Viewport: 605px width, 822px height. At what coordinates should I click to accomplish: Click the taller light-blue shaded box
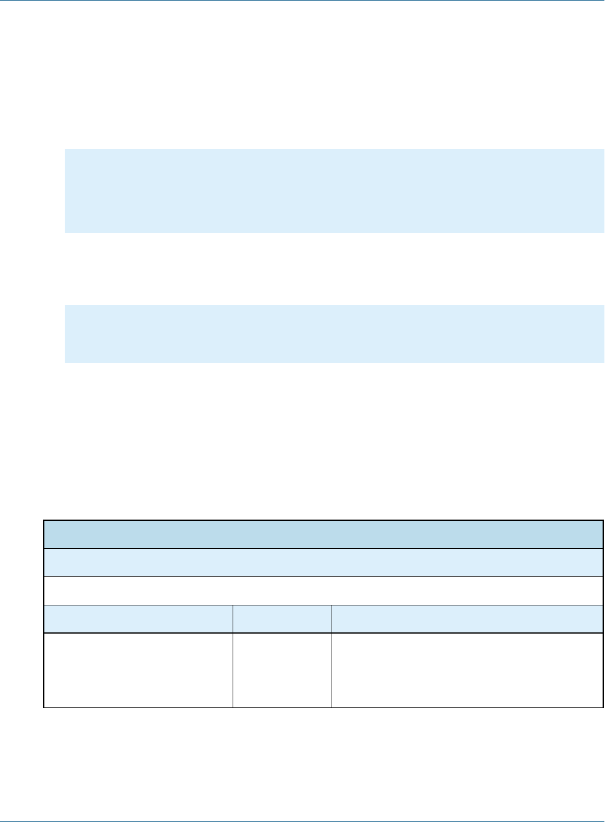(x=334, y=190)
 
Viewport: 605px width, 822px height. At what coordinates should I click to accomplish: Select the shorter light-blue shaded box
(x=334, y=334)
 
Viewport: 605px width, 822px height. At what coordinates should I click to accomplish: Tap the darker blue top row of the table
(x=323, y=534)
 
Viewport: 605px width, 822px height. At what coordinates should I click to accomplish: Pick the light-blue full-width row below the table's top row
(x=323, y=562)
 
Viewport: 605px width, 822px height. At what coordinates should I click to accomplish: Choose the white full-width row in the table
(x=323, y=590)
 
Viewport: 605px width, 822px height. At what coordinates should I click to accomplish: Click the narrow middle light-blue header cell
(x=282, y=619)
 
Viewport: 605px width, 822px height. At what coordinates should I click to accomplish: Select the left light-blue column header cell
(x=138, y=619)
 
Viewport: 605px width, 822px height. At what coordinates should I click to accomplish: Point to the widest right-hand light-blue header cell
(x=467, y=619)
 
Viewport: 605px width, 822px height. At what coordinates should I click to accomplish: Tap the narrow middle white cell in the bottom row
(x=282, y=670)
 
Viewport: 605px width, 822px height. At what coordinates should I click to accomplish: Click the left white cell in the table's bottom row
(x=138, y=670)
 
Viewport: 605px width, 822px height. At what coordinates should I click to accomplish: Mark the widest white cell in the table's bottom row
(x=467, y=670)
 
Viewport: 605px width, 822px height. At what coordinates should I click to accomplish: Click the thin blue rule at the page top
(x=302, y=1)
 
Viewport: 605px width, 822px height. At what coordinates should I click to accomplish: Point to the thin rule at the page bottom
(x=302, y=820)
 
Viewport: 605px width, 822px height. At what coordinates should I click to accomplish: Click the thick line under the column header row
(x=323, y=633)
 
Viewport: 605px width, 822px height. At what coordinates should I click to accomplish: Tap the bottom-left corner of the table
(x=44, y=707)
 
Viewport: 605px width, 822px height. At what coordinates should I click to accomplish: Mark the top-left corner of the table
(x=44, y=520)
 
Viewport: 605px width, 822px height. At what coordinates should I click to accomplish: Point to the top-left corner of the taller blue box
(x=65, y=149)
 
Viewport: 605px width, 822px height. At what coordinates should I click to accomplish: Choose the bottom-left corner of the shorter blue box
(x=65, y=362)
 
